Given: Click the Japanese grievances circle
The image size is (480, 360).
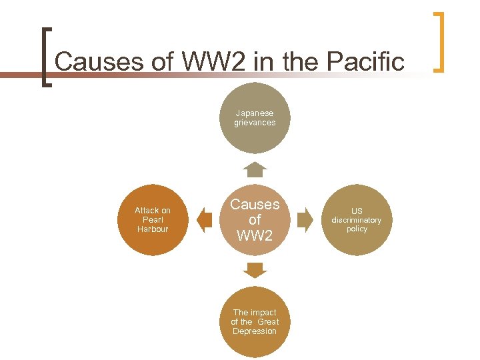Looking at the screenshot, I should click(x=255, y=118).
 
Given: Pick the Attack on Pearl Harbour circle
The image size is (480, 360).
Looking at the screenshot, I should click(x=153, y=219).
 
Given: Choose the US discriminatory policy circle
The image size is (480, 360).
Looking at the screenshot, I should click(x=357, y=220).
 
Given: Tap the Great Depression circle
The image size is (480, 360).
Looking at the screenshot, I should click(x=255, y=322).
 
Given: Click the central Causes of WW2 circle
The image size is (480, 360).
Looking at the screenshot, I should click(x=255, y=220).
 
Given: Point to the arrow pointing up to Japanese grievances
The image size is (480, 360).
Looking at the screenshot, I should click(x=255, y=169).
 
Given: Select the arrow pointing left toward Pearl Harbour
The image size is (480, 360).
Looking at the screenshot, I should click(x=204, y=220).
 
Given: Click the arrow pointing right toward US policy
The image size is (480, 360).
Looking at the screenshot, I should click(x=305, y=220).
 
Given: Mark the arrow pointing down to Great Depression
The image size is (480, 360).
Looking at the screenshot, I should click(x=255, y=270).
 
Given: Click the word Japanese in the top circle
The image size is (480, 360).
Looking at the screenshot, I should click(x=255, y=113).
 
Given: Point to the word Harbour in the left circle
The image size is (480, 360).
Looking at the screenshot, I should click(x=153, y=229).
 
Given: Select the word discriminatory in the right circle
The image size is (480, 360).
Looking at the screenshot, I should click(x=357, y=220).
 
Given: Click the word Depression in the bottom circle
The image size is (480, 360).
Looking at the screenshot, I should click(x=255, y=331).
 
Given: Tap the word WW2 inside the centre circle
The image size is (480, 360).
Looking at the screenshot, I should click(x=255, y=236).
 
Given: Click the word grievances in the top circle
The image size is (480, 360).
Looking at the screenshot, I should click(x=255, y=123).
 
